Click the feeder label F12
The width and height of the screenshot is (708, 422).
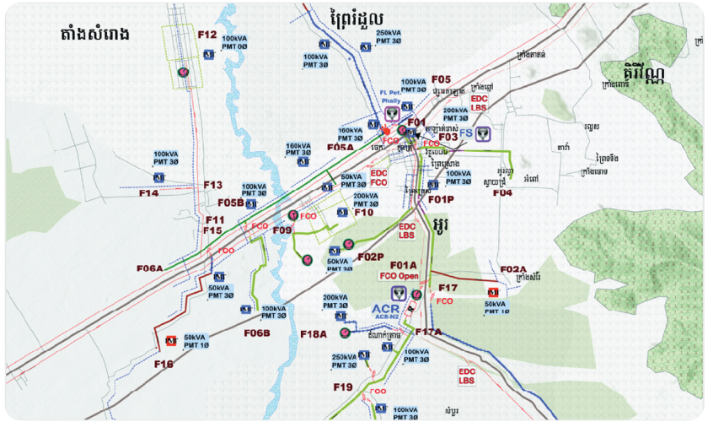(207, 35)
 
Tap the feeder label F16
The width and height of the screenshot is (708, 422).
(164, 364)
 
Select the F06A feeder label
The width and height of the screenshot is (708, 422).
(149, 268)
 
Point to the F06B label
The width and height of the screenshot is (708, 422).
(256, 333)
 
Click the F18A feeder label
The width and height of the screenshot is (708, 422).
(313, 334)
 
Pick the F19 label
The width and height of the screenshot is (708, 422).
(342, 387)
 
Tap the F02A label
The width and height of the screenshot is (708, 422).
(512, 269)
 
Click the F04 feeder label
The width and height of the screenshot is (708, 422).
(502, 193)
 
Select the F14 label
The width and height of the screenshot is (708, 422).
(149, 193)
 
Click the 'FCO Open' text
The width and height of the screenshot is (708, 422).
(400, 276)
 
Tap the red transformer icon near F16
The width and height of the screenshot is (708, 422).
(171, 341)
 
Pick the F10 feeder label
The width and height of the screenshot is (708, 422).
(363, 213)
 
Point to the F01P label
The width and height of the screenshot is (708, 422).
(441, 200)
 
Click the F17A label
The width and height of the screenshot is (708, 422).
(428, 333)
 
